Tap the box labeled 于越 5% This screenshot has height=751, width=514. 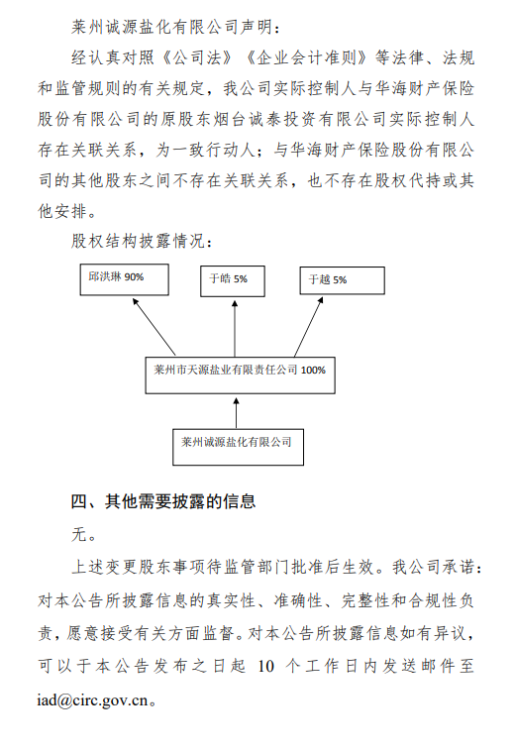(343, 281)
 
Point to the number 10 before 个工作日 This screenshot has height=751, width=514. (264, 665)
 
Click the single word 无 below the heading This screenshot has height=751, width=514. (79, 535)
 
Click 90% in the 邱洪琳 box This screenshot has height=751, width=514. (133, 278)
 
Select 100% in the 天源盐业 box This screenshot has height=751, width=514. (313, 371)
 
